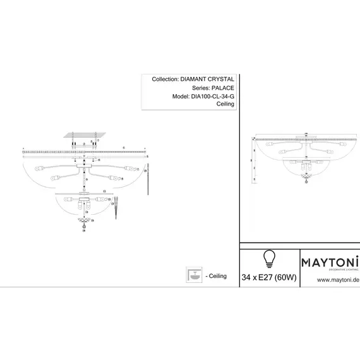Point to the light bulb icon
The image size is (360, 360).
tap(269, 259)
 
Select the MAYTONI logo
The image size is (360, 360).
tap(330, 261)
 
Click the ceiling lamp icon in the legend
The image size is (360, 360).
tap(193, 276)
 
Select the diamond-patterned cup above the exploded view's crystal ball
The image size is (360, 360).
tap(84, 220)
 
